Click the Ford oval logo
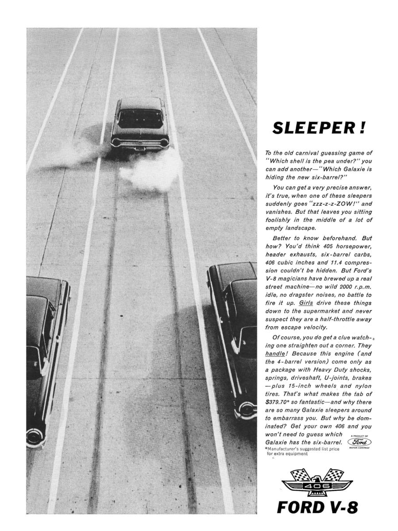(359, 442)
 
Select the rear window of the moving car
(139, 119)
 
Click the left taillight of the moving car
(116, 142)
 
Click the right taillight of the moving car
(164, 143)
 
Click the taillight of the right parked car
(246, 409)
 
